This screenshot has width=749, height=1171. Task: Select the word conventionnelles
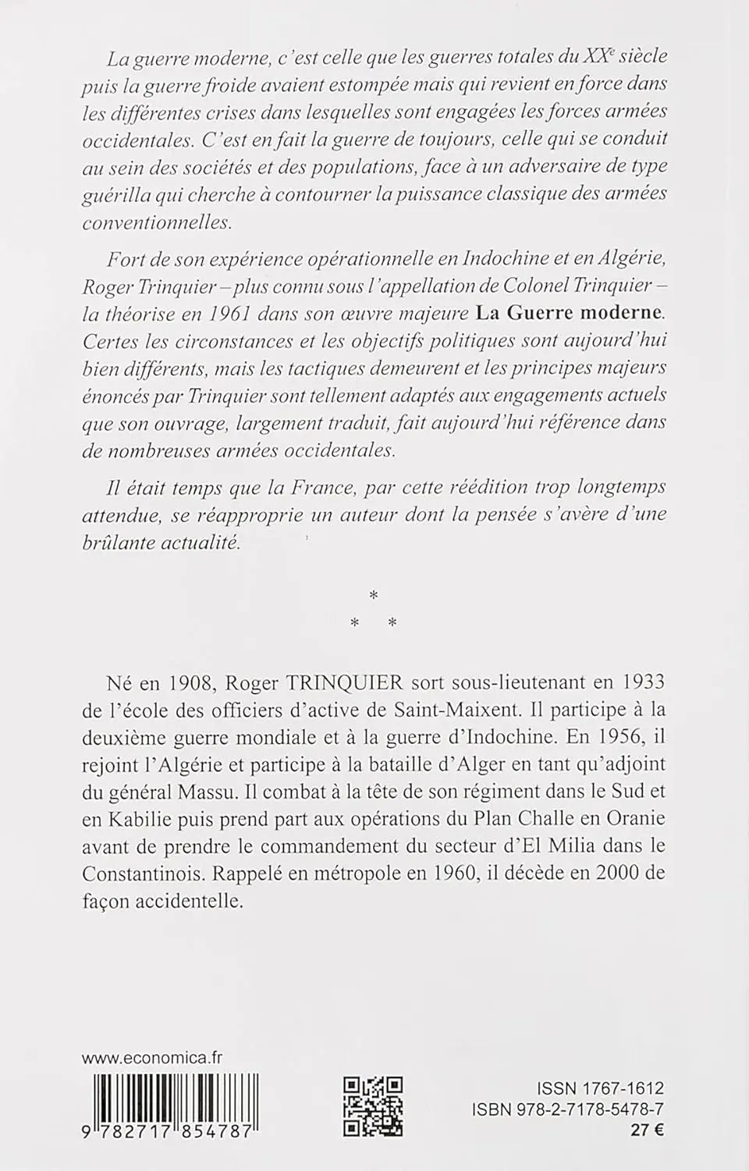pyautogui.click(x=156, y=222)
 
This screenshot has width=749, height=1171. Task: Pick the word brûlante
pyautogui.click(x=119, y=544)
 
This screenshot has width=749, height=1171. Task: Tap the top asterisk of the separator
pyautogui.click(x=373, y=596)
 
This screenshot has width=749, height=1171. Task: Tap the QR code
pyautogui.click(x=374, y=1105)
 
